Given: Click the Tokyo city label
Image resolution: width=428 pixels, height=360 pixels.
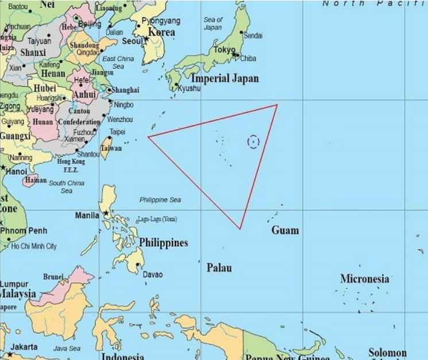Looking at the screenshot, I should pos(224,50).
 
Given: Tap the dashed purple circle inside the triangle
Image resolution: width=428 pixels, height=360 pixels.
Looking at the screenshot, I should pos(253,141).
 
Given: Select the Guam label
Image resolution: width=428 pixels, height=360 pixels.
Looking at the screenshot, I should pos(286,231).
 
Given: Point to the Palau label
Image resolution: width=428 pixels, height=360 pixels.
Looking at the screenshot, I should pos(219,268).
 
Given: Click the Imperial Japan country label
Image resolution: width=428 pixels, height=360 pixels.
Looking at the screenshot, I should pos(225,78).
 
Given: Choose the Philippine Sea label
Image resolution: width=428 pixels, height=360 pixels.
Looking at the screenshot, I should pos(160,200).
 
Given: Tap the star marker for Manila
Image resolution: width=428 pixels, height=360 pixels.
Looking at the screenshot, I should pos(105,213).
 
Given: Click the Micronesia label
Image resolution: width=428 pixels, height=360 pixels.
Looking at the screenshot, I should pos(364,279).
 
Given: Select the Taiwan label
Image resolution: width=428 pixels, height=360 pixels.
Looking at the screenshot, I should pos(111,148).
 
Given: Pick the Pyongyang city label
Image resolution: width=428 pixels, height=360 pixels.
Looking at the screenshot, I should pos(161,21).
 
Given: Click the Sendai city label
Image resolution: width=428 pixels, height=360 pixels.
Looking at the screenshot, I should pos(253,36).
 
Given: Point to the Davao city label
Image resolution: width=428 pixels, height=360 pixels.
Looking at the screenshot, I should pos(153,275).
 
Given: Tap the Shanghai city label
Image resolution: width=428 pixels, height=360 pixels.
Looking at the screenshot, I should pos(125,90).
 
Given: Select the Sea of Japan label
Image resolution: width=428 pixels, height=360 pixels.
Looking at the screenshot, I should pos(213,24).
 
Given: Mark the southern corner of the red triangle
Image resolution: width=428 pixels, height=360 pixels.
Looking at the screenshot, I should pos(240,229).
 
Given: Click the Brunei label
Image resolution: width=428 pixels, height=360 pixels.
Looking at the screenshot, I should pos(53,277).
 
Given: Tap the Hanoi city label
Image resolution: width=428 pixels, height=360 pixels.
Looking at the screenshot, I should pos(17,171).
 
